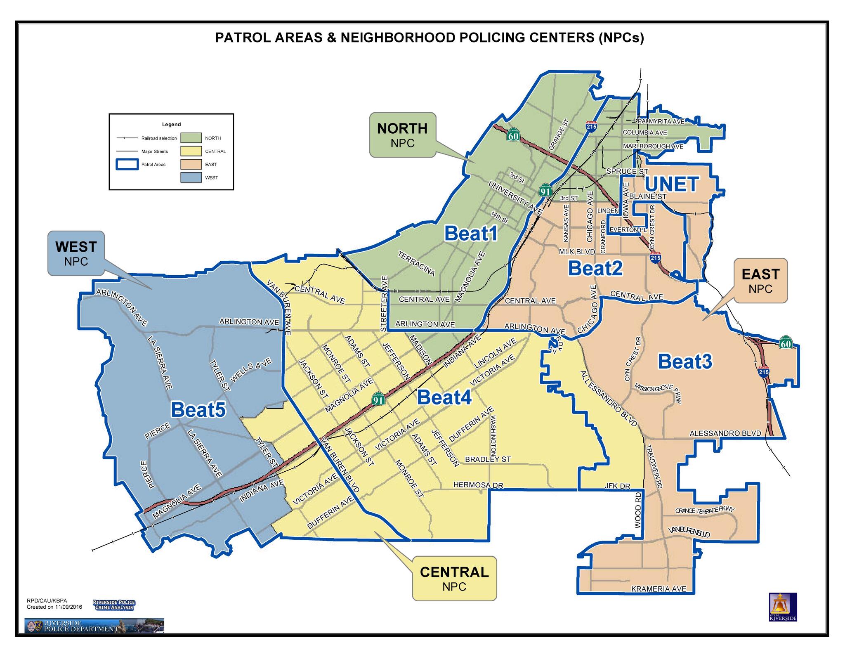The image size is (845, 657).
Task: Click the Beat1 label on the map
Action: click(471, 234)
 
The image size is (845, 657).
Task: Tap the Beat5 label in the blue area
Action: click(198, 410)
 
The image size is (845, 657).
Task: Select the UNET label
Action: click(672, 184)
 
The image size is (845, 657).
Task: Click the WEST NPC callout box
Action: click(76, 253)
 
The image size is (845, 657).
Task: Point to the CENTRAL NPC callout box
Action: click(454, 578)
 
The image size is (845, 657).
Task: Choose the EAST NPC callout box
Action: click(760, 281)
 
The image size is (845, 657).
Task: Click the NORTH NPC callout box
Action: click(402, 135)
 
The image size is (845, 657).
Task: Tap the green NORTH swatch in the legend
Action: click(191, 138)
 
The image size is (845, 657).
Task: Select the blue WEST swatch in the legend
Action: click(191, 177)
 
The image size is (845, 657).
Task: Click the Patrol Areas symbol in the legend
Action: click(127, 164)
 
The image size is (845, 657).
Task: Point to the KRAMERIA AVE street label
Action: click(659, 589)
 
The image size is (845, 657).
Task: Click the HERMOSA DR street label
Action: click(478, 485)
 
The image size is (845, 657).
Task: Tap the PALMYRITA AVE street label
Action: click(661, 121)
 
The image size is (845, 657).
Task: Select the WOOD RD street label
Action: click(638, 510)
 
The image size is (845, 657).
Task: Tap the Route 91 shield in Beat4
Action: click(378, 399)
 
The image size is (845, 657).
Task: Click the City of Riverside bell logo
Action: click(783, 607)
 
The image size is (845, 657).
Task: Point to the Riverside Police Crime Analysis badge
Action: click(114, 605)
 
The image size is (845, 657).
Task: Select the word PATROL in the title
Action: click(242, 38)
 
